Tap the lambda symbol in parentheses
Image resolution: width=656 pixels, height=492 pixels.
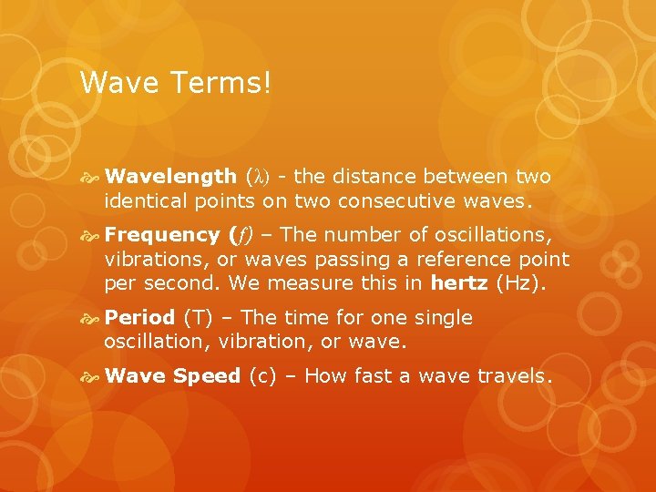[x=259, y=177]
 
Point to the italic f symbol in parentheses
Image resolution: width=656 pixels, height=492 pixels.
[x=243, y=236]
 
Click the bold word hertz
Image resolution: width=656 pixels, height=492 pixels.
[x=459, y=282]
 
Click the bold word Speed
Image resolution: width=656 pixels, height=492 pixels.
[x=207, y=375]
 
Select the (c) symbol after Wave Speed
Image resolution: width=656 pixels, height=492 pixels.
[x=261, y=375]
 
